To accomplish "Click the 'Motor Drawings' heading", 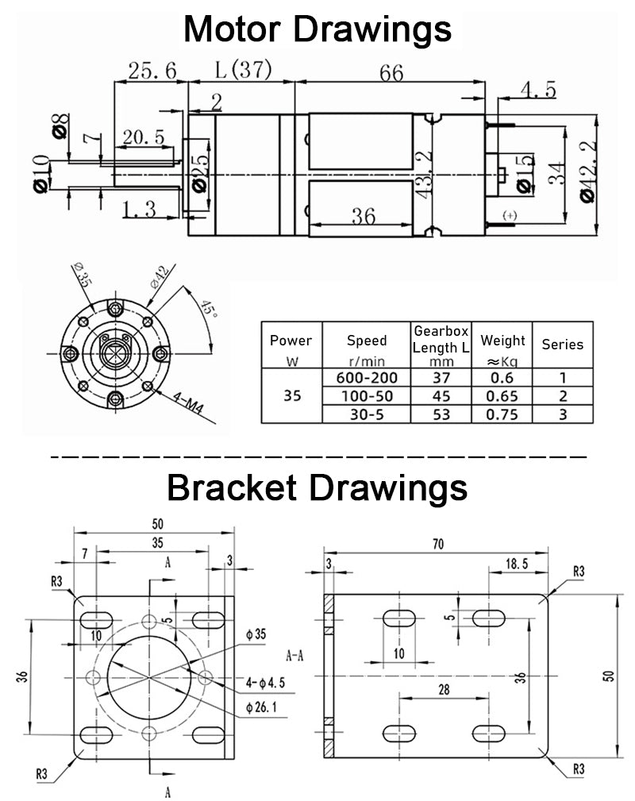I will click(317, 29).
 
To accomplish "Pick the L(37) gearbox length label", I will click(243, 70).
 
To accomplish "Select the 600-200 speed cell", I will click(367, 377).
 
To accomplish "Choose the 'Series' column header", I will click(562, 344).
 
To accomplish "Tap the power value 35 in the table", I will click(292, 395).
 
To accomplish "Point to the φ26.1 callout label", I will click(262, 707).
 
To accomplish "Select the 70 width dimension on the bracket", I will click(438, 544).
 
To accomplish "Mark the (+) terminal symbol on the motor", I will click(510, 216).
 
